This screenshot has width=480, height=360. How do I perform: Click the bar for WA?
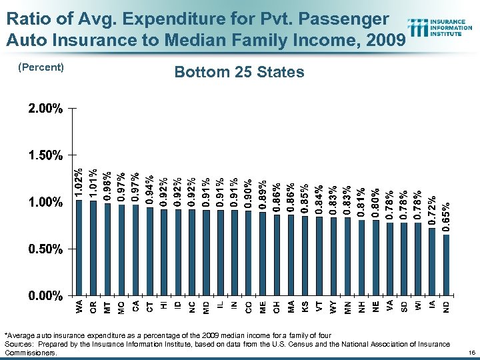79,247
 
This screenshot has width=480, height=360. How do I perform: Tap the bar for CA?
135,250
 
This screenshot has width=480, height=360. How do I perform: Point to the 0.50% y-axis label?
46,249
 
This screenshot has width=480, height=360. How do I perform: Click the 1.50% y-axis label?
46,155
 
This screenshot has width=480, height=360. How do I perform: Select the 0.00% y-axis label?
46,295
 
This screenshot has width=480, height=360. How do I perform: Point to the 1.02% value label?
79,182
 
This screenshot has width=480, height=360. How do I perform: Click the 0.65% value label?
446,217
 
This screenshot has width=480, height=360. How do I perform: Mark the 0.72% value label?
432,210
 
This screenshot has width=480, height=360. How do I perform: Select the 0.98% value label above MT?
107,186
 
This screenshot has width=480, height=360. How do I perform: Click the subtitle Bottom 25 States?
239,72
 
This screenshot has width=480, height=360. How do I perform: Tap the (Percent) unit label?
41,67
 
